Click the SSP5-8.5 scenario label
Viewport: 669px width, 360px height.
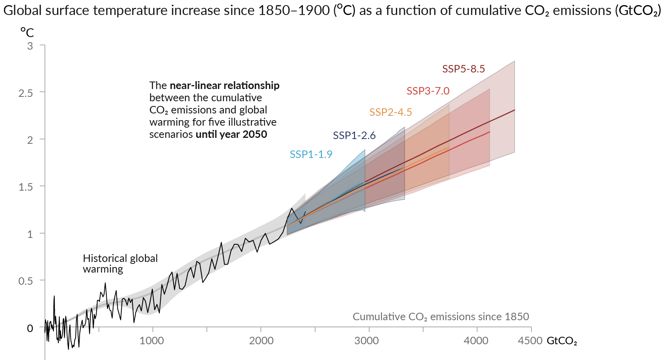point(463,69)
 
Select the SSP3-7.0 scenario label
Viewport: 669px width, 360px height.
point(428,91)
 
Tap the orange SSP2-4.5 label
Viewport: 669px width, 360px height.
point(390,112)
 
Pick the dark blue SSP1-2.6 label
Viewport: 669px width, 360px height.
point(354,135)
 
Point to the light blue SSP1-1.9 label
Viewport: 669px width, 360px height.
point(311,154)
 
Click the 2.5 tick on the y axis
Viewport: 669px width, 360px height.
point(26,93)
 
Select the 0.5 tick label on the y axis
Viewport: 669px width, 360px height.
point(26,281)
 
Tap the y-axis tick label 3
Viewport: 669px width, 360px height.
point(30,46)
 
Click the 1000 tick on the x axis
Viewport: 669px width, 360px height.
point(152,341)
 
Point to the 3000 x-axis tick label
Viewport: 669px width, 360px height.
point(366,341)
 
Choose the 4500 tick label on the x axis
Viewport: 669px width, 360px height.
point(530,341)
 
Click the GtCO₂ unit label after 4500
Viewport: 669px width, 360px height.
point(561,341)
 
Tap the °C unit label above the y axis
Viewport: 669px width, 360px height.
point(27,32)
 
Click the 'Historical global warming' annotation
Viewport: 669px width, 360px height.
point(120,264)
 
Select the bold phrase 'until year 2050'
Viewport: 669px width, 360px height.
point(231,134)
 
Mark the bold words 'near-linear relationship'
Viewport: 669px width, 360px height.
point(225,85)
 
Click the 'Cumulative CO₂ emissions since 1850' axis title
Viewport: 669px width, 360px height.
point(440,317)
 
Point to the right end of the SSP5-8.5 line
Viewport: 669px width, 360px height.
point(515,110)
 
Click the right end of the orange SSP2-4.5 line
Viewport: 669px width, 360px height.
point(449,148)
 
